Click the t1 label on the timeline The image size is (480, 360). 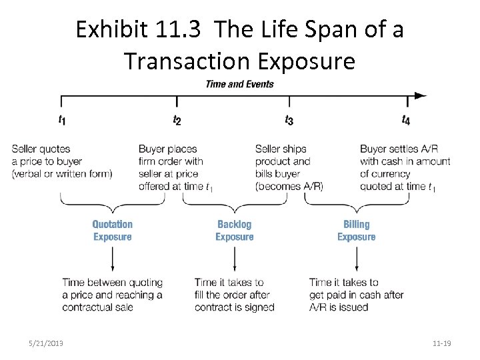62,120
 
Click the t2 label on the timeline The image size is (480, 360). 177,120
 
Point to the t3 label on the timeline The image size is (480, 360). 289,120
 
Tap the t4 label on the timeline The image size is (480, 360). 406,120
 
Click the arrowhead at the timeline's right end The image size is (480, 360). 420,95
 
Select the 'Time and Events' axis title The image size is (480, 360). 239,84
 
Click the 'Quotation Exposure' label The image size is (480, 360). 113,231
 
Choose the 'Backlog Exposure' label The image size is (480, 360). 235,231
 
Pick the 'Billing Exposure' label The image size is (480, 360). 357,231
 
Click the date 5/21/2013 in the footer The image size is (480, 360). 47,343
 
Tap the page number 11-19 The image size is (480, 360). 441,343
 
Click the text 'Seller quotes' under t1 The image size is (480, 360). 41,149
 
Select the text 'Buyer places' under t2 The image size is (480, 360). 168,149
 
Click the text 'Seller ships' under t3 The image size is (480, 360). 281,149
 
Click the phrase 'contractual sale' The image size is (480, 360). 98,307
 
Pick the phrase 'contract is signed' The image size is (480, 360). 235,307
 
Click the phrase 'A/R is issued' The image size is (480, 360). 339,307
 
